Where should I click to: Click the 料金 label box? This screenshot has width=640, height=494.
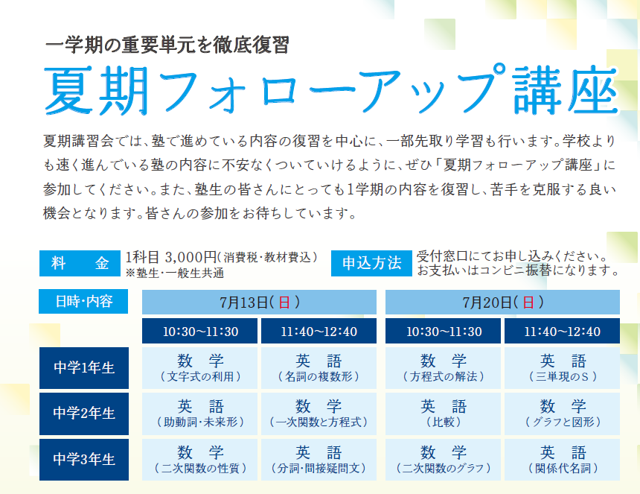80,263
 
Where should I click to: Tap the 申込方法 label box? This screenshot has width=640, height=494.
371,263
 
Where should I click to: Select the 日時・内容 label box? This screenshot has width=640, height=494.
83,301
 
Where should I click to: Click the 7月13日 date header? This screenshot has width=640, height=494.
259,302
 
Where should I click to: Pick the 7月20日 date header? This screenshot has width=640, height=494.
502,302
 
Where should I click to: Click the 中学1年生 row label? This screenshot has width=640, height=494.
84,368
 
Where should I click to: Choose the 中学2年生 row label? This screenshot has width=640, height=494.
84,414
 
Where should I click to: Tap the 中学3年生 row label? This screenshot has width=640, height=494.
84,459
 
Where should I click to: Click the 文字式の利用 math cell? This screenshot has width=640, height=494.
199,368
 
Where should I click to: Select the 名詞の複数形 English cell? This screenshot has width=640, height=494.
319,368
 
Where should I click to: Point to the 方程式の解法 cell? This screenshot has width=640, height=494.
443,368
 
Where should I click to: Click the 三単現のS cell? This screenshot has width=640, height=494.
562,368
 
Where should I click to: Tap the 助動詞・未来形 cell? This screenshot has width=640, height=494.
199,414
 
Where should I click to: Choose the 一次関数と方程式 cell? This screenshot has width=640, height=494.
319,414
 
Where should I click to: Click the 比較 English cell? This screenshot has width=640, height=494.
443,414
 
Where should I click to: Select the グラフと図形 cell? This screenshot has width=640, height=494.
562,414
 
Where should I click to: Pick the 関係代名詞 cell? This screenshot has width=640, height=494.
562,459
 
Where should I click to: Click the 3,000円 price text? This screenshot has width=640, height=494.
191,257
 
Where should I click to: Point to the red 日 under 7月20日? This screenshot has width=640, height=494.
528,303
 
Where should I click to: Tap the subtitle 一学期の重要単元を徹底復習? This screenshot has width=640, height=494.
167,45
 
